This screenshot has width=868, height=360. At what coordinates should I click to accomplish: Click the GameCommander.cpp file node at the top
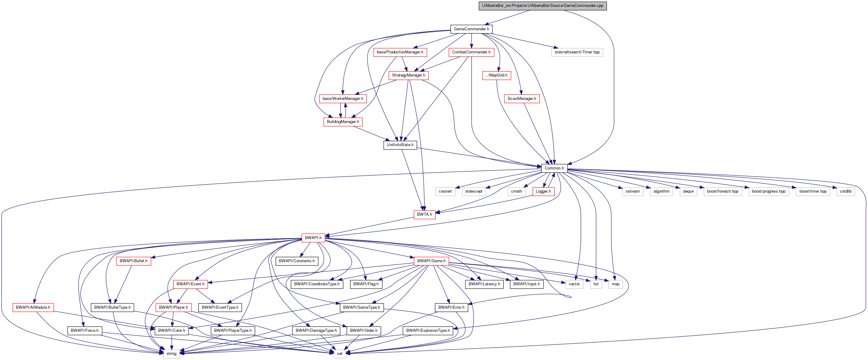point(543,6)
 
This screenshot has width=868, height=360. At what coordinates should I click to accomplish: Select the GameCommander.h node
point(471,29)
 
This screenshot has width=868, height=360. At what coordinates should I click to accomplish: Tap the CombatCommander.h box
point(471,52)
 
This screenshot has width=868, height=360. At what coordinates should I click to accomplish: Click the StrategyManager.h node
point(408,75)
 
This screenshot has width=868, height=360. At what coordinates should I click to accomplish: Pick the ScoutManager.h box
point(522,99)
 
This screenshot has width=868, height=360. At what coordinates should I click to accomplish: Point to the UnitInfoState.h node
point(400,145)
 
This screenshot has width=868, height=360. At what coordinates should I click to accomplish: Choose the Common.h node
point(554,168)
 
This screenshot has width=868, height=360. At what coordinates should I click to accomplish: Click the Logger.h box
point(543,192)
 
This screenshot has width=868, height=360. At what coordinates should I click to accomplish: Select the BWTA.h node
point(424,214)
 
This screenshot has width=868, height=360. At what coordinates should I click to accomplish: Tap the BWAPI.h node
point(313,238)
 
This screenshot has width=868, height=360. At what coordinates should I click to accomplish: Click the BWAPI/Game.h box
point(431,261)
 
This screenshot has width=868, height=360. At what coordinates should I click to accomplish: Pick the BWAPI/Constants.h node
point(297,261)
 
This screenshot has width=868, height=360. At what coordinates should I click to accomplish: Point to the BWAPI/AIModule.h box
point(33,307)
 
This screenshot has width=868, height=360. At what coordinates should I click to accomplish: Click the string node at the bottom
point(171,354)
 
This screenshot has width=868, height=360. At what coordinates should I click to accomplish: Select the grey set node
point(340,354)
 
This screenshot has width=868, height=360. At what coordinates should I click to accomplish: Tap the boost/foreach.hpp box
point(722,192)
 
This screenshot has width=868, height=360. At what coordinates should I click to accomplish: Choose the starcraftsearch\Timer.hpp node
point(577,52)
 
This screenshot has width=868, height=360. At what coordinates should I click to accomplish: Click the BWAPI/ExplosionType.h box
point(428,331)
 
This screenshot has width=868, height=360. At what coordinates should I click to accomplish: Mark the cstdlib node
point(845,192)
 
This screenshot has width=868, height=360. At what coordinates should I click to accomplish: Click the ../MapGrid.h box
point(496,75)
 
